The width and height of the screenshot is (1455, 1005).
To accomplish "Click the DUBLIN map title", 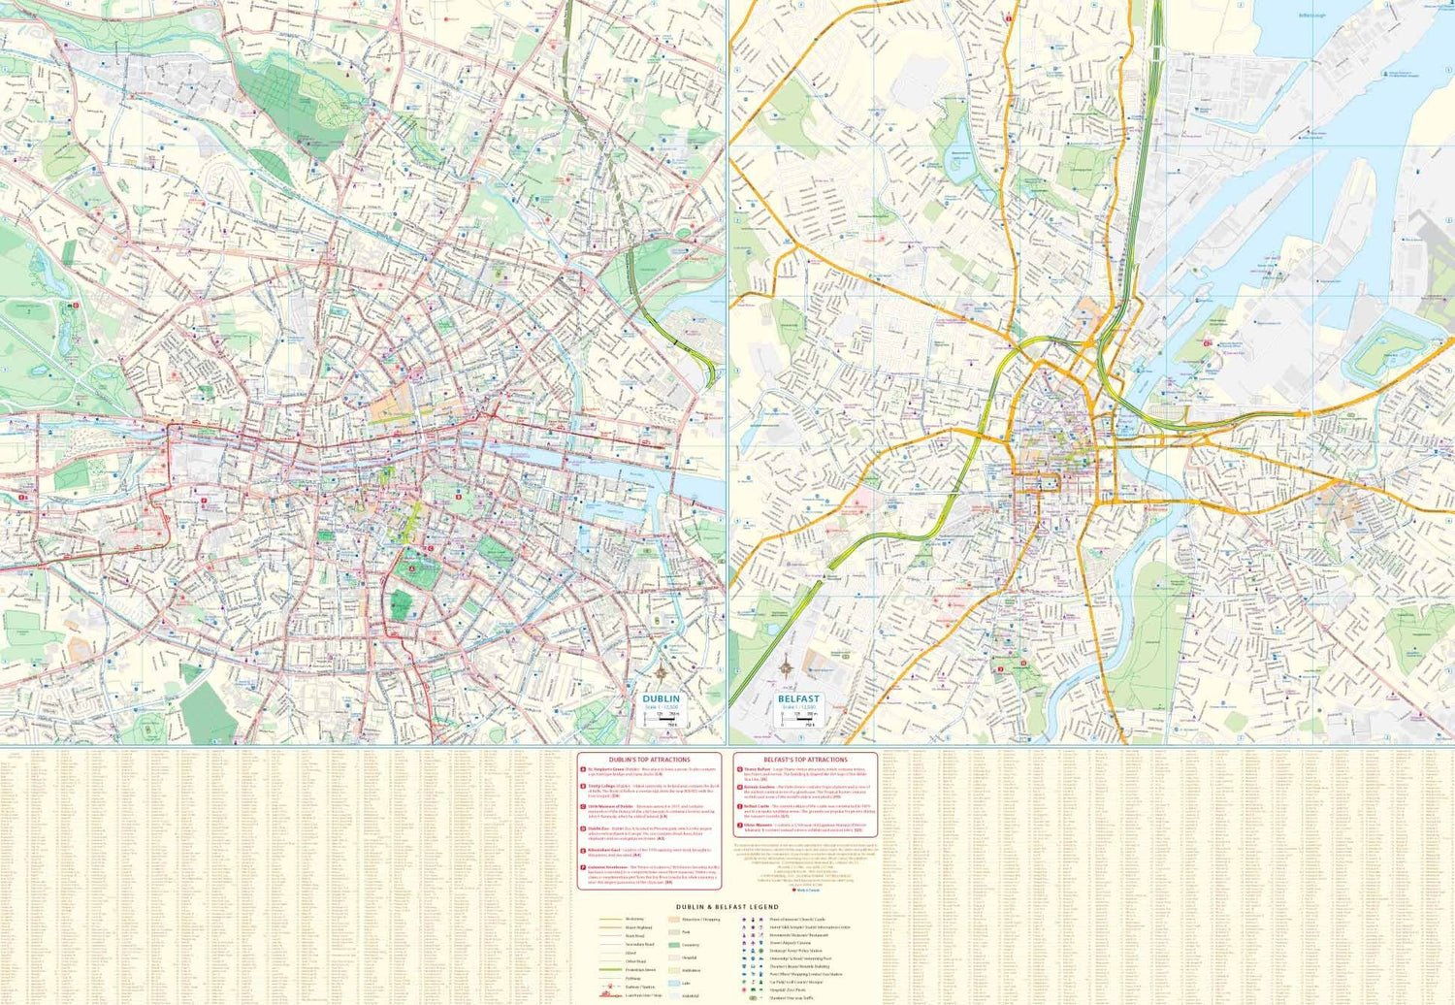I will [x=661, y=698].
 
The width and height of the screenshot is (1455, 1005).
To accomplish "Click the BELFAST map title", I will [x=798, y=698].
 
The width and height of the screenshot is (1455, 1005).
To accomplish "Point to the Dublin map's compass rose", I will [x=662, y=671].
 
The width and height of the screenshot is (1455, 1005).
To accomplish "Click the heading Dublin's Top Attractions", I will [x=649, y=760].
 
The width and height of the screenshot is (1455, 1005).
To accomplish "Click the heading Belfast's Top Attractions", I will [x=805, y=760].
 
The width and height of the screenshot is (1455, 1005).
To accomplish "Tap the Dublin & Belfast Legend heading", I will [x=727, y=907].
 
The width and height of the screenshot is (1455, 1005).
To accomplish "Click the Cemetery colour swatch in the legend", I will [x=673, y=945].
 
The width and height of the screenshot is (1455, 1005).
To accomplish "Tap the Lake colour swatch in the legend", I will [x=673, y=983].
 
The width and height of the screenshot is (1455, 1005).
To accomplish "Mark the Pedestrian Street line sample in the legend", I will [x=610, y=969].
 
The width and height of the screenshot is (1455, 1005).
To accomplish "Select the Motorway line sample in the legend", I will [x=610, y=919].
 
